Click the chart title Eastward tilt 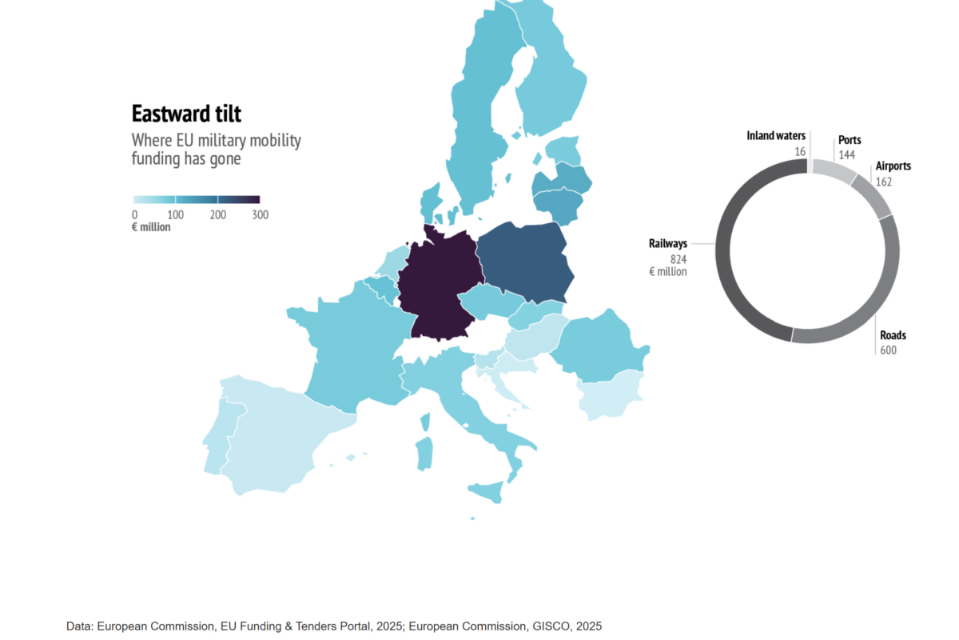(186, 114)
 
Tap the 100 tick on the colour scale (176, 214)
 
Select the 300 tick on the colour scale (261, 214)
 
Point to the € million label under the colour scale (151, 227)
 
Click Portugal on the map (219, 438)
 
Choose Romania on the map (599, 347)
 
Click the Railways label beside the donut (668, 243)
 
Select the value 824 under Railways (678, 259)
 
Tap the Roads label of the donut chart (893, 335)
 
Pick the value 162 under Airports (884, 182)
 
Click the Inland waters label (776, 136)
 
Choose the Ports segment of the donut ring (834, 170)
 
